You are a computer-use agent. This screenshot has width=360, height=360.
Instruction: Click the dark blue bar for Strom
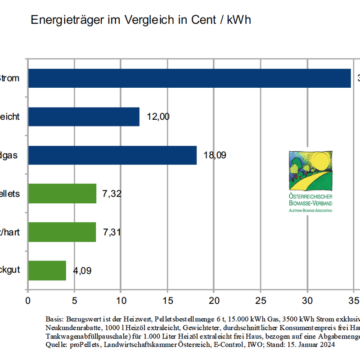point(189,78)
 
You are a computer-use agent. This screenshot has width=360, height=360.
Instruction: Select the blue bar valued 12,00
point(84,117)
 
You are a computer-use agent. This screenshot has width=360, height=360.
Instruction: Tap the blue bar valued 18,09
point(112,155)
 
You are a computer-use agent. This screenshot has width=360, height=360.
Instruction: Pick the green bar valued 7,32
point(62,193)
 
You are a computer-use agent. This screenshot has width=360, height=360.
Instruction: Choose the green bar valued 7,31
point(62,232)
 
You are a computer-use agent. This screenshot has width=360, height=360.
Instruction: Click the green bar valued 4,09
point(47,270)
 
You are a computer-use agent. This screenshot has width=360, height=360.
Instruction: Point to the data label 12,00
point(158,117)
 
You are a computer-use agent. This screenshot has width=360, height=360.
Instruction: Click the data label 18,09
point(215,156)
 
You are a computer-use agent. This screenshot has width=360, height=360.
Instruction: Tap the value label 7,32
point(112,194)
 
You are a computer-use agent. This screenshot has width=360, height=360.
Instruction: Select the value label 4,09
point(82,271)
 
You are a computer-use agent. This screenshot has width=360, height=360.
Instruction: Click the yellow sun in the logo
point(320,161)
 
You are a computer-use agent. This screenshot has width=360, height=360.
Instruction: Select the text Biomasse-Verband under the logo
point(310,203)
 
